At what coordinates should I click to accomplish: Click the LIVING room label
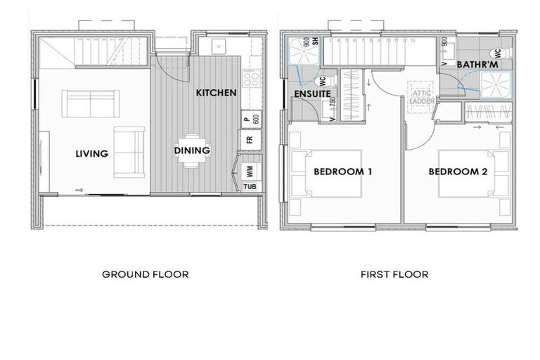[x=92, y=153]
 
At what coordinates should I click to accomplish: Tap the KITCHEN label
[x=216, y=93]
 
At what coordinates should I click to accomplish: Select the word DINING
[x=192, y=150]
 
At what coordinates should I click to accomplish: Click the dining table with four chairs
[x=192, y=150]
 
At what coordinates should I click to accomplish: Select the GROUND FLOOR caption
[x=146, y=274]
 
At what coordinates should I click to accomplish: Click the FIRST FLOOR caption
[x=394, y=274]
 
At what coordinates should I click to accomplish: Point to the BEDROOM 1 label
[x=342, y=171]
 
